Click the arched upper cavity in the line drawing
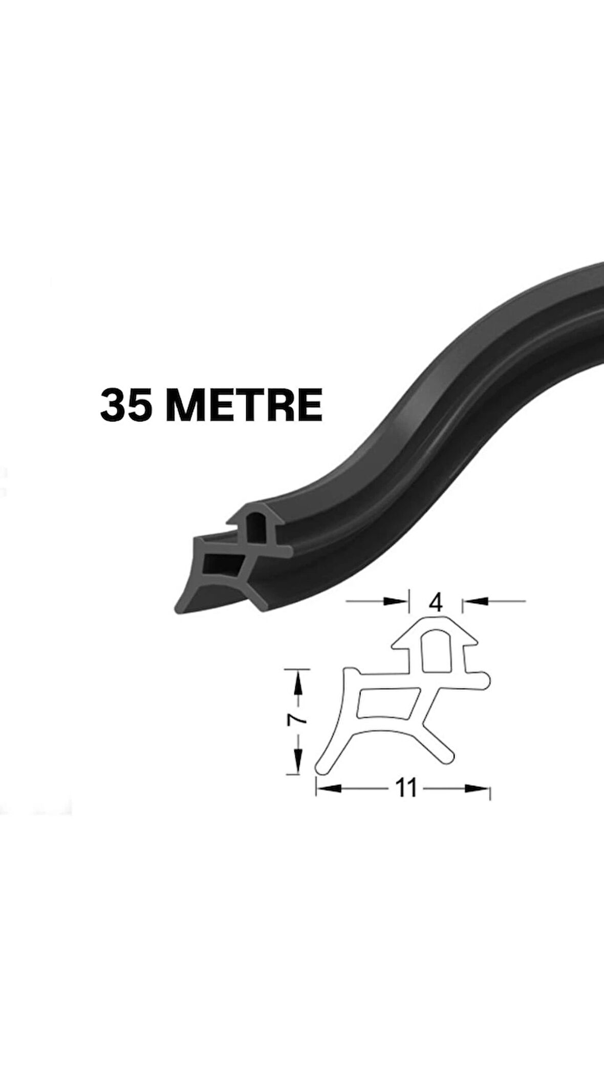pyautogui.click(x=436, y=650)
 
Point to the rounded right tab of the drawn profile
pyautogui.click(x=484, y=680)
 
